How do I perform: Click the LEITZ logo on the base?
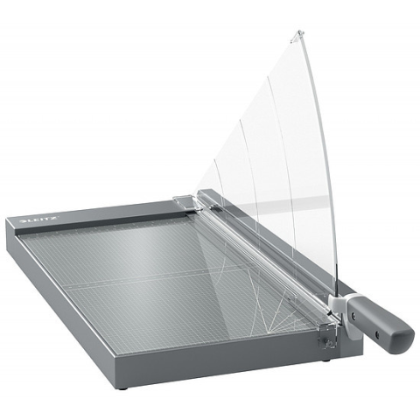coord(40,220)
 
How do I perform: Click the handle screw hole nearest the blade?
coord(353,315)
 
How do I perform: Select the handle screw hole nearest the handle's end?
coord(377,332)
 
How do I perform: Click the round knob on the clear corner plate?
coord(329,344)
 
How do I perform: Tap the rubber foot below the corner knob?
coord(325,361)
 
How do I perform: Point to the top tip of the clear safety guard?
coord(299,31)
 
